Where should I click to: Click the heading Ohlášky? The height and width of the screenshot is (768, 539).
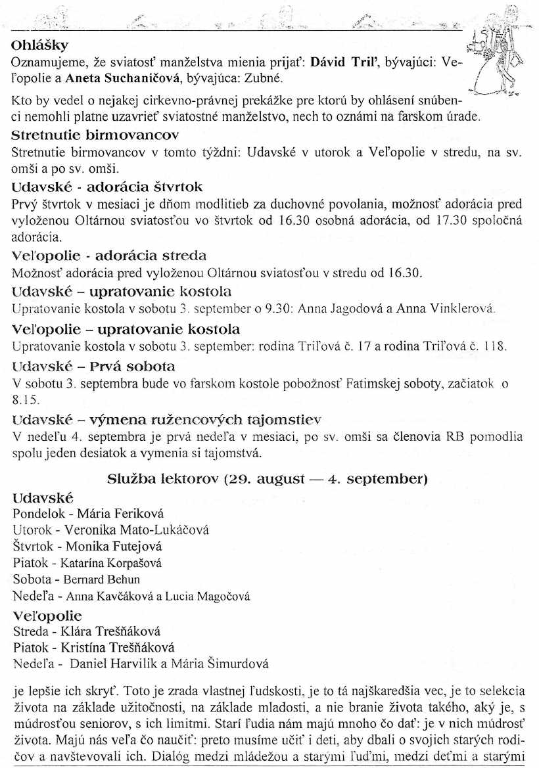tap(41, 47)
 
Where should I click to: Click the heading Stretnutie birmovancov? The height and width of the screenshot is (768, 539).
tap(95, 137)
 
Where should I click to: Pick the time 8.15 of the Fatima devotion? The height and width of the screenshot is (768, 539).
tap(23, 398)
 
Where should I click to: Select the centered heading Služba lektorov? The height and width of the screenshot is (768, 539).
tap(268, 479)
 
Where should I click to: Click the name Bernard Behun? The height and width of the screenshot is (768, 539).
tap(101, 580)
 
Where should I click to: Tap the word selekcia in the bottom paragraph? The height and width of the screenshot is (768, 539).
tap(502, 690)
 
